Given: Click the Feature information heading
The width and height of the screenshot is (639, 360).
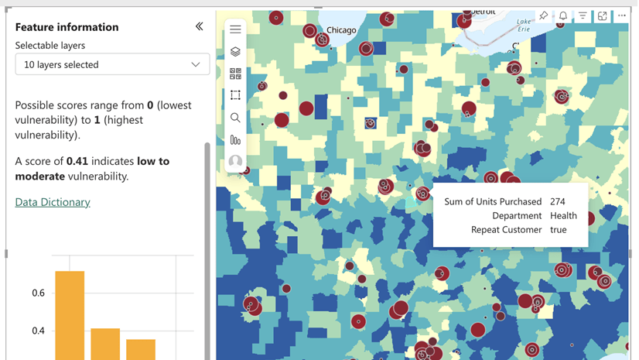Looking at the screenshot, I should click(67, 27).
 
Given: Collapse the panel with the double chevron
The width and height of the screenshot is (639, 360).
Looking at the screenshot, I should click(199, 26).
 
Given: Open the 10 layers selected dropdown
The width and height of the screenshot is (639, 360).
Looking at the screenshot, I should click(112, 64).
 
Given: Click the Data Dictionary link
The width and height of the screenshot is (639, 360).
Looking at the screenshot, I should click(53, 202).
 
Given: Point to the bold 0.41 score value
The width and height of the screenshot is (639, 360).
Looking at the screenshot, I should click(79, 161).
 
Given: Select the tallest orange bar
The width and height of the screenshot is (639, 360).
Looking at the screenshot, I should click(70, 314).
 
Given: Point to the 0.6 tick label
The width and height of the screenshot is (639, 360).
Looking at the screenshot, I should click(38, 293).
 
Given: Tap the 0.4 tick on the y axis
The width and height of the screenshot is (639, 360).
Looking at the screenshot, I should click(38, 331).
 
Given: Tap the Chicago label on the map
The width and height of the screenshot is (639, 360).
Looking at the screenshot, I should click(341, 30).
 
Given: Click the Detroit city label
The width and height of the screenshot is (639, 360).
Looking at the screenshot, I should click(483, 12).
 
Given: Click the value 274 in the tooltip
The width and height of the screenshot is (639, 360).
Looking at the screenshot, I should click(558, 202).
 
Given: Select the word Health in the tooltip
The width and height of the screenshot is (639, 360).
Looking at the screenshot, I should click(564, 216).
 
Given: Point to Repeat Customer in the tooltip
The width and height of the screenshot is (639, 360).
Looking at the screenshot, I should click(506, 230).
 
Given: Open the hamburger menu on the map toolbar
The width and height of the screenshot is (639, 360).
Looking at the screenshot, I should click(235, 29).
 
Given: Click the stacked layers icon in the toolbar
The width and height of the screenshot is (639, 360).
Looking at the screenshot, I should click(235, 52).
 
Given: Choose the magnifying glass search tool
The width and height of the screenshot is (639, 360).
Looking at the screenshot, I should click(235, 118).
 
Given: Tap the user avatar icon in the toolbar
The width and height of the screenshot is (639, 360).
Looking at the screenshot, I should click(235, 163).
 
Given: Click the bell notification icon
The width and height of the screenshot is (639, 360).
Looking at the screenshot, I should click(563, 16).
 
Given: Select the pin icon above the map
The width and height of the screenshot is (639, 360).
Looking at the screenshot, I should click(544, 16).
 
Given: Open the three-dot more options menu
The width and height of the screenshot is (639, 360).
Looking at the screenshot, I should click(622, 16).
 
